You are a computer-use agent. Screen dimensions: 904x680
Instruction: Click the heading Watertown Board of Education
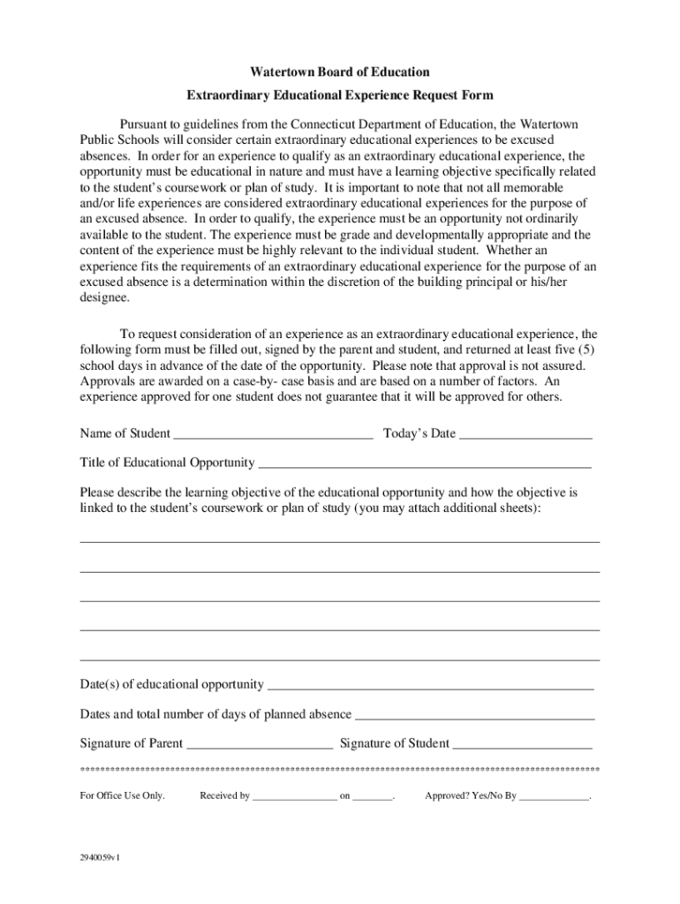click(x=339, y=71)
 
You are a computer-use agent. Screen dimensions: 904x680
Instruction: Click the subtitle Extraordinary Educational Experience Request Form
click(x=339, y=94)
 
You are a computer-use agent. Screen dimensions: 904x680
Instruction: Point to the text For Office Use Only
click(x=122, y=796)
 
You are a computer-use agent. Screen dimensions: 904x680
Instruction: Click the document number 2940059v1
click(x=100, y=856)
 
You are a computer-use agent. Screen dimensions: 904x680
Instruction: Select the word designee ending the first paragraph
click(x=103, y=298)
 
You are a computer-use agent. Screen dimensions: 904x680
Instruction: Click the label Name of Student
click(x=125, y=433)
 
